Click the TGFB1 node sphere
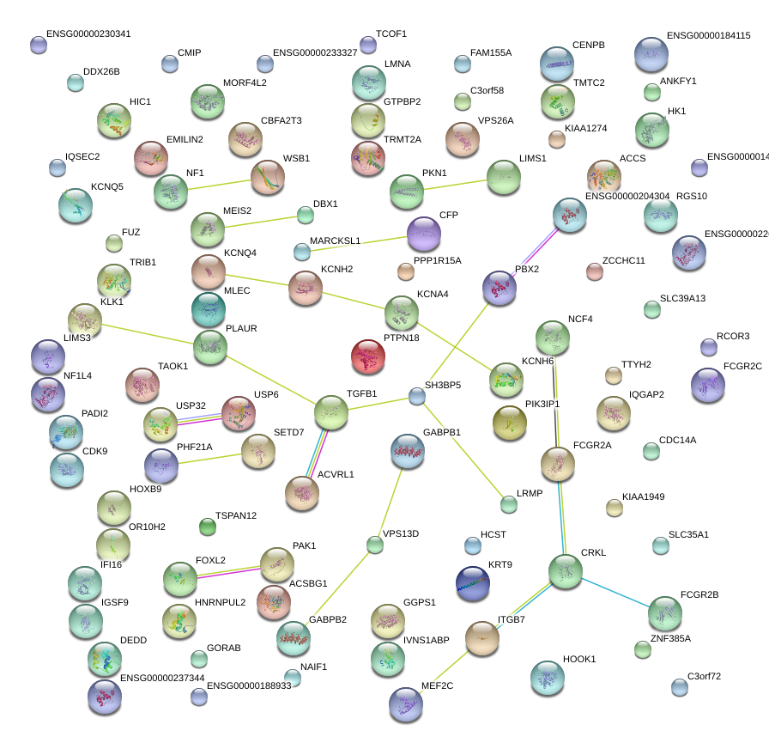[x=331, y=413]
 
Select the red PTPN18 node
[x=368, y=356]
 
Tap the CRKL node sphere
[x=566, y=571]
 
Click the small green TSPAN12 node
[x=207, y=526]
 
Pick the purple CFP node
[x=424, y=234]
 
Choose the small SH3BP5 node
[x=417, y=396]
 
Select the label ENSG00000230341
[x=90, y=34]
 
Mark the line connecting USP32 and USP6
[x=198, y=418]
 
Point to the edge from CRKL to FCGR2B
[x=615, y=593]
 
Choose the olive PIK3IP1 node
[x=510, y=422]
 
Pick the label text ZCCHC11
[x=624, y=260]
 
